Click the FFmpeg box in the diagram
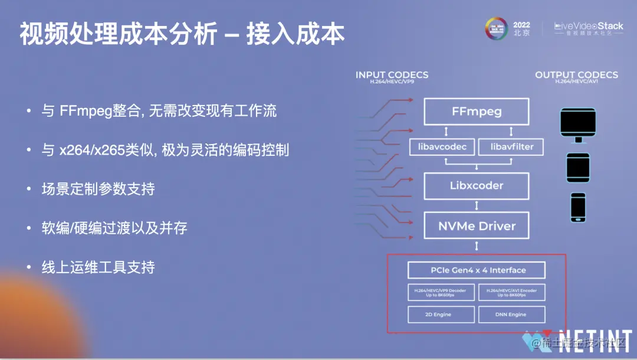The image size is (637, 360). (x=477, y=111)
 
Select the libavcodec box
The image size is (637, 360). (x=441, y=146)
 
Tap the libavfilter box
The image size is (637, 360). (x=510, y=146)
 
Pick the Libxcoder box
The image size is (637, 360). (x=477, y=185)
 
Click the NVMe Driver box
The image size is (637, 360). (x=477, y=225)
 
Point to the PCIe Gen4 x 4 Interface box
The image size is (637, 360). (x=476, y=270)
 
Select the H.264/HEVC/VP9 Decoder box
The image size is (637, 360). (x=441, y=292)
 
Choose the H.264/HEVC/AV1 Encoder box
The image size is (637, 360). (x=511, y=292)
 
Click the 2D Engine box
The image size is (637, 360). (x=441, y=315)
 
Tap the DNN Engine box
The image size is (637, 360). (x=511, y=315)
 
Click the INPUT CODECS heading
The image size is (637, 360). (x=392, y=76)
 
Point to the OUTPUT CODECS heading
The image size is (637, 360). (x=576, y=76)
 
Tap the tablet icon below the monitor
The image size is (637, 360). (x=578, y=168)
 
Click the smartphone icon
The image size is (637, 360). (x=578, y=207)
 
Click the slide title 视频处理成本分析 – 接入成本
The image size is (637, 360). (x=182, y=35)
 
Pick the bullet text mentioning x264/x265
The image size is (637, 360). (x=165, y=150)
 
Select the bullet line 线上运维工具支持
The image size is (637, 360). (x=98, y=267)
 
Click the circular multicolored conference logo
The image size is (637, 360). (x=497, y=28)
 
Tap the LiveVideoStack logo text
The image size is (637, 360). (x=588, y=27)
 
